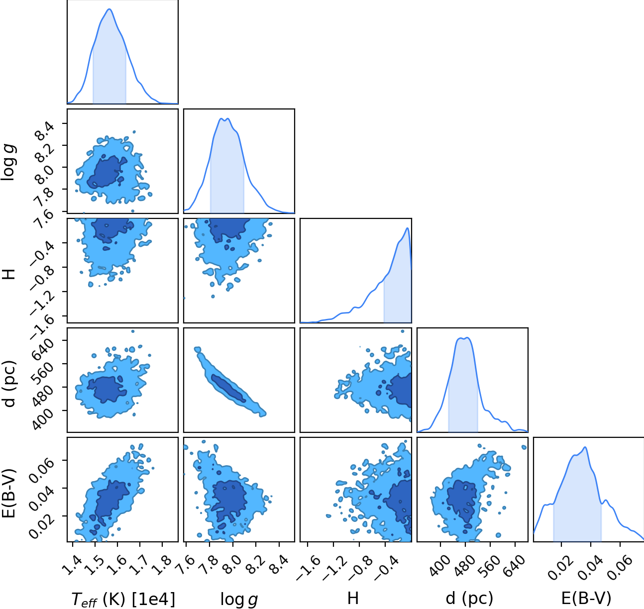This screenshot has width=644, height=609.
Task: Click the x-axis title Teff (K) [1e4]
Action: coord(123,599)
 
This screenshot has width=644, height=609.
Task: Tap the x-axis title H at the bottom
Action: coord(353,598)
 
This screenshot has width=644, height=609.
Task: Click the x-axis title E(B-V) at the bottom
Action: coord(586,599)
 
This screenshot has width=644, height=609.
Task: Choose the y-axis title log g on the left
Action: coord(8,163)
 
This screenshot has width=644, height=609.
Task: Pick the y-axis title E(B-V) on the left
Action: coord(8,494)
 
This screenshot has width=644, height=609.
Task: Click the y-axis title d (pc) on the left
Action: coord(9,383)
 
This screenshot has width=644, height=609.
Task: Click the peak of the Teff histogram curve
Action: coord(109,9)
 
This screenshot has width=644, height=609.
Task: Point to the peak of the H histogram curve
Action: coord(407,228)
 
